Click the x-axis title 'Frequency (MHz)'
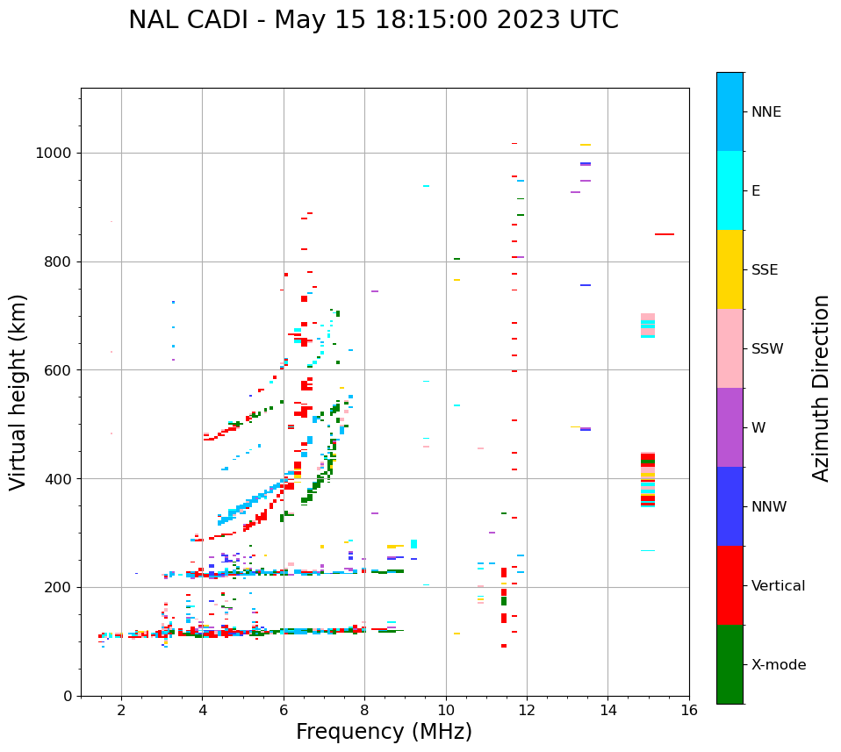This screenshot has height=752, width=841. coord(384,732)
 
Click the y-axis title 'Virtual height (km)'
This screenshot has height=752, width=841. coord(19,392)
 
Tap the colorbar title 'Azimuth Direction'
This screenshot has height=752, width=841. coord(821,388)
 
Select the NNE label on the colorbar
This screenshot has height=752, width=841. coord(766,112)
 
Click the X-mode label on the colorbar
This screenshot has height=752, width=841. coord(779,665)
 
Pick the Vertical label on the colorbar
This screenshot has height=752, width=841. coord(778,586)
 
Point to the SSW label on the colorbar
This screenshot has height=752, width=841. coord(767,349)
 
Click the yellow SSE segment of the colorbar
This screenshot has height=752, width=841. coord(730,269)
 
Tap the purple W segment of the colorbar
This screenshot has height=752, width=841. coord(730,427)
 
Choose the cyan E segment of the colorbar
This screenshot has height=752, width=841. coord(730,190)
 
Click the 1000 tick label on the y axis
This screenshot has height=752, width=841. coord(54,154)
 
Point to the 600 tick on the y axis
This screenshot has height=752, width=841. coord(60,370)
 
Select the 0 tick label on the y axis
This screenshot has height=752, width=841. coord(68,696)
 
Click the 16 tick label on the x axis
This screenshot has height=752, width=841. coord(689,710)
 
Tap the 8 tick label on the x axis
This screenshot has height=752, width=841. coord(364,710)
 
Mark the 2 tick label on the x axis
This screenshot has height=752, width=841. coord(121,710)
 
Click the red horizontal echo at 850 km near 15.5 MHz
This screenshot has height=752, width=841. coord(665,234)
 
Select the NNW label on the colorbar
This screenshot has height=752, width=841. coord(769,507)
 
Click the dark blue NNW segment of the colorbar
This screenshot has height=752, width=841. coord(730,506)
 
